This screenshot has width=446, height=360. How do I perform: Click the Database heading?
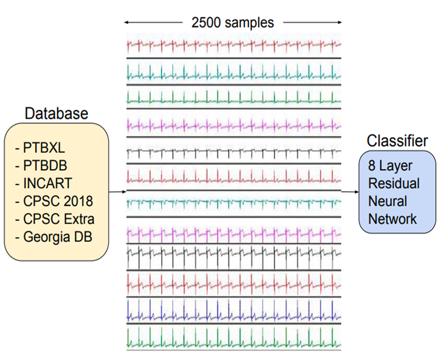(56, 114)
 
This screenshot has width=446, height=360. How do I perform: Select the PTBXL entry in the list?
(44, 148)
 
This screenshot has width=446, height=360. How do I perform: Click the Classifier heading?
(397, 141)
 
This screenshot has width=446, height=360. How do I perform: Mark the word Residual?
(394, 183)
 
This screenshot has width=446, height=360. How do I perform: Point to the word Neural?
(387, 201)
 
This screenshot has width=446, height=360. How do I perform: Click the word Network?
(392, 218)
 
